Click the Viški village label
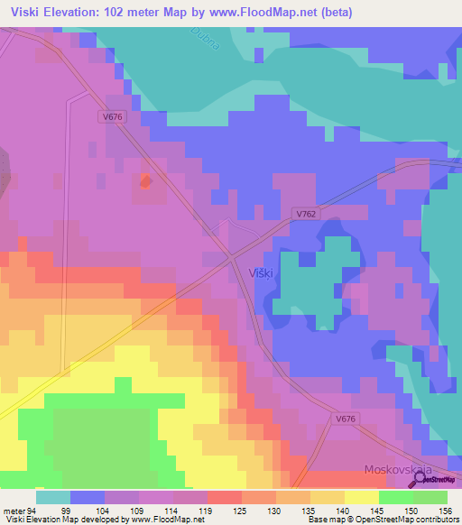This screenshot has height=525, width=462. [x=261, y=272]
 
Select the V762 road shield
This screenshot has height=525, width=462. [x=306, y=214]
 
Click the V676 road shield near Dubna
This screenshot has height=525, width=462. [x=111, y=115]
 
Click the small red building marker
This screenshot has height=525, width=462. [x=144, y=182]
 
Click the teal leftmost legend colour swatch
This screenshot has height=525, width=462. [x=52, y=496]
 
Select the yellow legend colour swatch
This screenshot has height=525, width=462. [x=361, y=496]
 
